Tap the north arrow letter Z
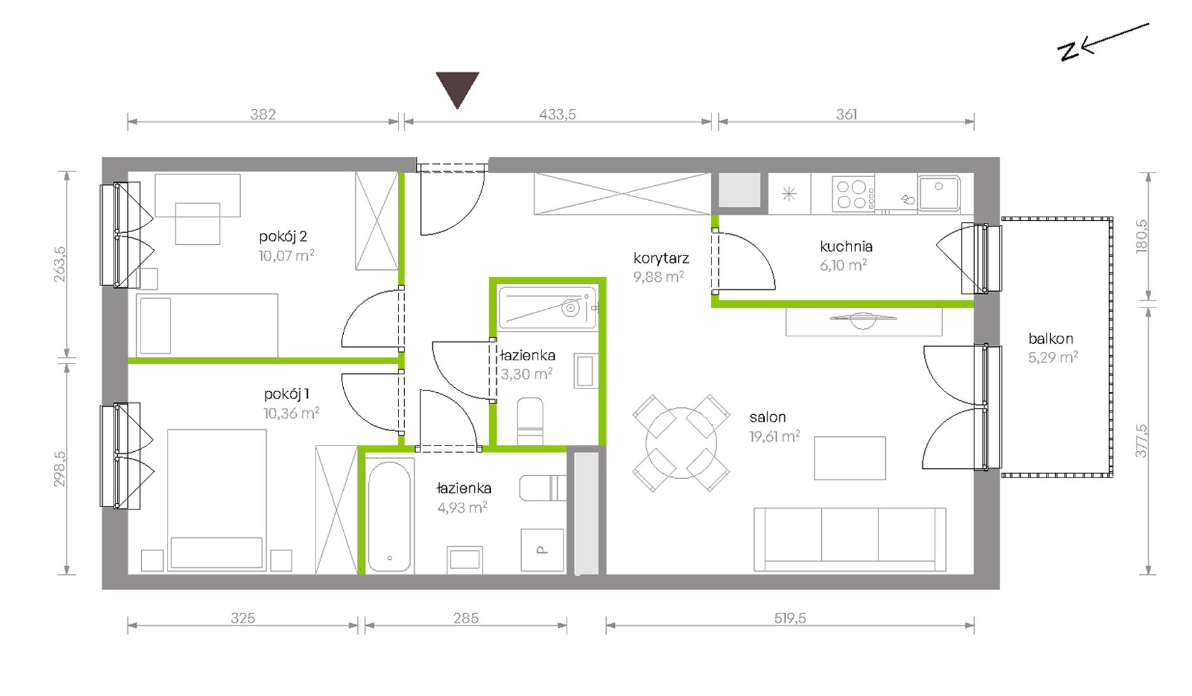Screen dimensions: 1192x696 tap(1068, 51)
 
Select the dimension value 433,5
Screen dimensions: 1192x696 tap(557, 114)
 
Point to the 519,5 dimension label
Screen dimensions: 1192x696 tap(789, 618)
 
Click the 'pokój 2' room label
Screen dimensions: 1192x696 tap(283, 237)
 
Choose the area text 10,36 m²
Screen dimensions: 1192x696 tap(291, 413)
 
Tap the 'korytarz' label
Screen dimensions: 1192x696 tap(661, 258)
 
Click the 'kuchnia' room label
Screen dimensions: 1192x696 tap(846, 247)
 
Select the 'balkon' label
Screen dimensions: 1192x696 tap(1051, 339)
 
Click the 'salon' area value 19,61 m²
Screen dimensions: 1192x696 tap(774, 436)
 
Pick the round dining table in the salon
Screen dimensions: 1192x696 tap(681, 443)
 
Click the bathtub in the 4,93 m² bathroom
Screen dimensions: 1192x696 tap(390, 517)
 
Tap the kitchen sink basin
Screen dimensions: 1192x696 tap(939, 193)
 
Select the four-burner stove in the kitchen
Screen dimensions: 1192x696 tap(853, 193)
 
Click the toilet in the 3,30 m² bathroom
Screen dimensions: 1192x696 tap(530, 421)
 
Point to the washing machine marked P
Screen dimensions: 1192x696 tap(542, 550)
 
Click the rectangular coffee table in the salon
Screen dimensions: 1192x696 tap(850, 459)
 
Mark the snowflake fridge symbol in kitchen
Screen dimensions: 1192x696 tap(789, 194)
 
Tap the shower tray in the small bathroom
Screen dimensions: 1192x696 tap(548, 308)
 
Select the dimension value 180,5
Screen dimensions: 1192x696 tap(1141, 236)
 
